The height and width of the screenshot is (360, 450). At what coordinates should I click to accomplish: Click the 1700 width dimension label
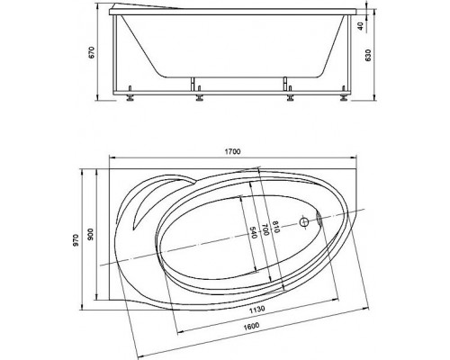pos(233,152)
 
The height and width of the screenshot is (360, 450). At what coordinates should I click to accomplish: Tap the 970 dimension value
pos(76,240)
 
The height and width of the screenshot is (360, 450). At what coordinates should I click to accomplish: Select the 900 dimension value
pos(91,234)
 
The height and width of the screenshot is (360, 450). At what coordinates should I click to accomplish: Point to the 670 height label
pos(92,52)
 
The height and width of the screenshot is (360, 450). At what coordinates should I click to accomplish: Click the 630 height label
pos(369,55)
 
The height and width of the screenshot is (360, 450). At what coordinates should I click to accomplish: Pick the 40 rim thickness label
pos(361,26)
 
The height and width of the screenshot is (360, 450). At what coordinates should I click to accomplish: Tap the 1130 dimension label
pos(257,309)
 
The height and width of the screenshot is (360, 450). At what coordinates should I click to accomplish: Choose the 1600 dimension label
pos(251,325)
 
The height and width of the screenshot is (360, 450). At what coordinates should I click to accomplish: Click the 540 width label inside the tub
pos(254,232)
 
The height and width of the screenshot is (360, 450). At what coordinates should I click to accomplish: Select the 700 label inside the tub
pos(265,229)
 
